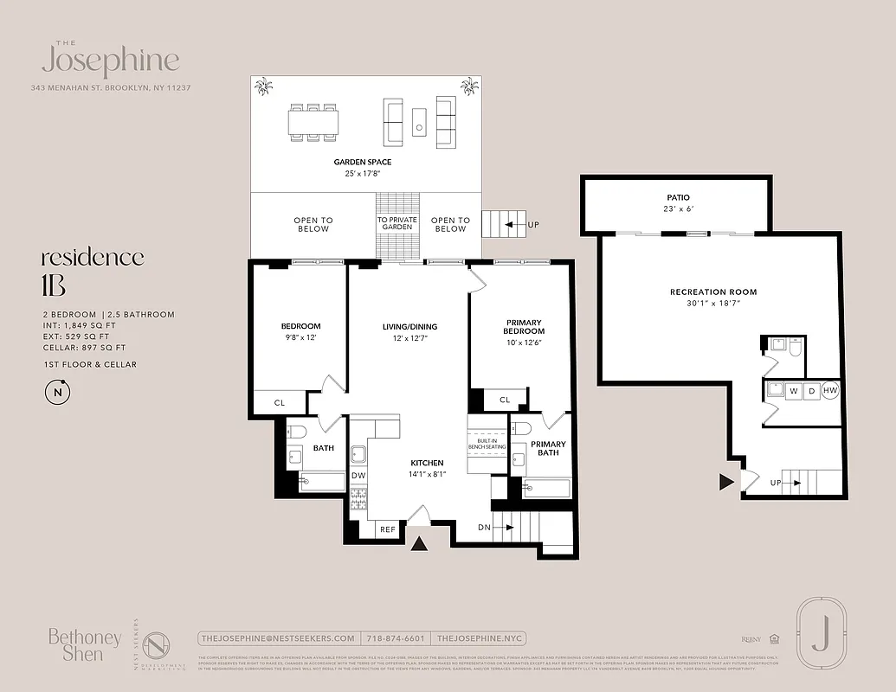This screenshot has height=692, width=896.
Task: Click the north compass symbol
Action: pos(58,392)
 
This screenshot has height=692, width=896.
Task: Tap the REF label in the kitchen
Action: pos(388,529)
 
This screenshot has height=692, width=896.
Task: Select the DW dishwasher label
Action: pos(358,475)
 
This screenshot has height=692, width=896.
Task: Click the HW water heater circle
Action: pos(830,391)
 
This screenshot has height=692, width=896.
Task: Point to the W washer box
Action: pos(793,391)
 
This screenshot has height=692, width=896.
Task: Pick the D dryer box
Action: pos(811,391)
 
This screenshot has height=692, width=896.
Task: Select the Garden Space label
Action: pos(363,162)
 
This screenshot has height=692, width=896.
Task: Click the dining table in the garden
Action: pos(313,123)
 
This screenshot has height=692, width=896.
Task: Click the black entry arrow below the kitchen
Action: pos(419,543)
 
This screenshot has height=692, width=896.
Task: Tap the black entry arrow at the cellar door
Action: pos(726,482)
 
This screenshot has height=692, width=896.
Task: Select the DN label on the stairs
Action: pos(485,527)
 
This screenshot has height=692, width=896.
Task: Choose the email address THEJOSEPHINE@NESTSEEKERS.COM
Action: pos(277,638)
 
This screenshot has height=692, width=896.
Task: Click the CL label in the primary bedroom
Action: pos(504,400)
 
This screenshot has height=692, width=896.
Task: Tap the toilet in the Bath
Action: pos(295,430)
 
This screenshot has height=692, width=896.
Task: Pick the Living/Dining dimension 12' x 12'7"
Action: pos(410,338)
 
